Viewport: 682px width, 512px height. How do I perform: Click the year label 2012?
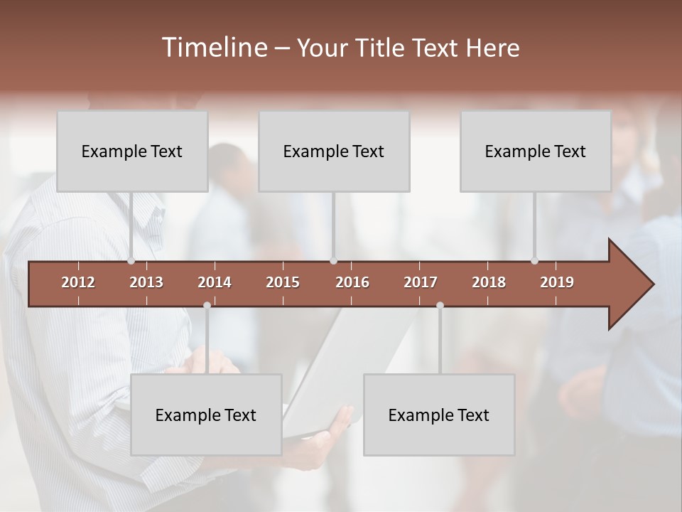tap(78, 282)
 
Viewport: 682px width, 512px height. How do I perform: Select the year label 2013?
tap(146, 282)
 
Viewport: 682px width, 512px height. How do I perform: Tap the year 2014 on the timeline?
tap(215, 282)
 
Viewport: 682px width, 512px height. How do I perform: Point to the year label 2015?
tap(283, 282)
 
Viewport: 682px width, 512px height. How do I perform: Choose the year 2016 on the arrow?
tap(352, 282)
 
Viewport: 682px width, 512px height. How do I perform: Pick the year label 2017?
tap(421, 282)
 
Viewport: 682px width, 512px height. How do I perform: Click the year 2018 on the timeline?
tap(489, 282)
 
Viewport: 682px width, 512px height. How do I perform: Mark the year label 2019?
tap(557, 282)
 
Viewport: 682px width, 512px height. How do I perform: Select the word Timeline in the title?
tap(213, 48)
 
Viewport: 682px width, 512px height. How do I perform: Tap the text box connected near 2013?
tap(132, 151)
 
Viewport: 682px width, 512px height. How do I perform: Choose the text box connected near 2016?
tap(334, 151)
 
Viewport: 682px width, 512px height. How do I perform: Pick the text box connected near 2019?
tap(536, 151)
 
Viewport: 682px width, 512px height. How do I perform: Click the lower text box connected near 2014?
tap(206, 415)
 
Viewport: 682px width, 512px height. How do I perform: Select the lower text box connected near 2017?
tap(439, 415)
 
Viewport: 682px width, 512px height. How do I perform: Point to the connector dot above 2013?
tap(131, 261)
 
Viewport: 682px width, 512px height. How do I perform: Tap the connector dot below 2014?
tap(207, 305)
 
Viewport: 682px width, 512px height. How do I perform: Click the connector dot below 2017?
tap(440, 305)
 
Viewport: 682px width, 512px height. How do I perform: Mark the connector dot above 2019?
tap(535, 261)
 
